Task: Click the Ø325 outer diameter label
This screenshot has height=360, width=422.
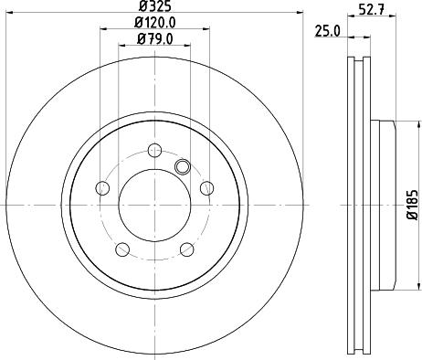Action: click(154, 7)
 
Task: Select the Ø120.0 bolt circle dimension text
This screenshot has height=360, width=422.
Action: click(154, 23)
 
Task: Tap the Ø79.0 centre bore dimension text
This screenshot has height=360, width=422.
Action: click(154, 38)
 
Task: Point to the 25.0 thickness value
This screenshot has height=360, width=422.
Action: click(326, 30)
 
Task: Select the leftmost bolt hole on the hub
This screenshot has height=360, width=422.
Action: click(102, 188)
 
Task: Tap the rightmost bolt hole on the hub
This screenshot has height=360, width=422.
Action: click(207, 188)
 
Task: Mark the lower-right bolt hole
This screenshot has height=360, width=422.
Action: click(187, 249)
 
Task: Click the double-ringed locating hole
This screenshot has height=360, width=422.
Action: click(181, 166)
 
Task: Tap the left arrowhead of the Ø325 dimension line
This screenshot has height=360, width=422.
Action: click(10, 13)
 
